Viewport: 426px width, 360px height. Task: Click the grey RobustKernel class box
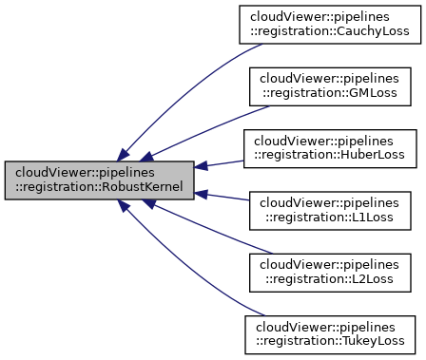100,180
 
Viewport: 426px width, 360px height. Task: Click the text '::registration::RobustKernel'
100,187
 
